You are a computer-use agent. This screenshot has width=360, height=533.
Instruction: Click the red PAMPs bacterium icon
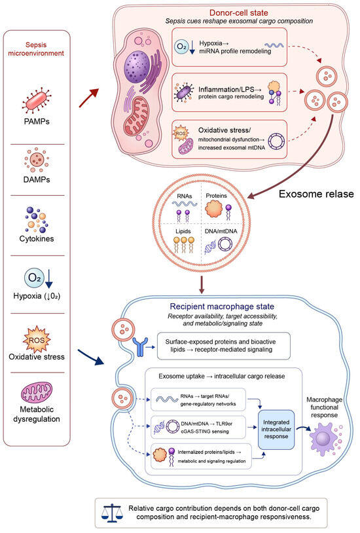[x=37, y=101]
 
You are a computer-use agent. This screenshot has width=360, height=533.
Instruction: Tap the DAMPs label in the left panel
[x=37, y=179]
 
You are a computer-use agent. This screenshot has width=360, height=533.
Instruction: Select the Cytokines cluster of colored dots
[x=37, y=219]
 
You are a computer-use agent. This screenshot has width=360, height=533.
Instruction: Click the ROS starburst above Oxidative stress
[x=37, y=340]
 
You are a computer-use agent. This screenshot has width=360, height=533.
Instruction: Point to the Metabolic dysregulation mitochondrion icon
[x=37, y=393]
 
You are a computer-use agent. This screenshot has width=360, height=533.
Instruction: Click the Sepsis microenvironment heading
[x=36, y=49]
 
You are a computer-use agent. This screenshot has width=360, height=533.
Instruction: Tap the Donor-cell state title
[x=239, y=13]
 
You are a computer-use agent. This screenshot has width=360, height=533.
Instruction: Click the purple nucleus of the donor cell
[x=137, y=67]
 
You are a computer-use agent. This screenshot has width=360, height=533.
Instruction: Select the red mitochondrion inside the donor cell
[x=136, y=117]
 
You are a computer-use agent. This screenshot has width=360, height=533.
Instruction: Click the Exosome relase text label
[x=316, y=194]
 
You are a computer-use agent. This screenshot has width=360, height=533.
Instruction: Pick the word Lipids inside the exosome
[x=183, y=231]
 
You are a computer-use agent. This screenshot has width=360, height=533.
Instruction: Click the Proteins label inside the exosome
[x=216, y=196]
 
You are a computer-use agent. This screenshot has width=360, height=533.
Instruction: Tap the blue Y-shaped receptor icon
[x=139, y=347]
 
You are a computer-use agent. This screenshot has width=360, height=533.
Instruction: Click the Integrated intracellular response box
[x=276, y=430]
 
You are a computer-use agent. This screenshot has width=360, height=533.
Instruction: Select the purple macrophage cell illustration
[x=325, y=439]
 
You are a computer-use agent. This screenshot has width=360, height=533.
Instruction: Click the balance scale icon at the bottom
[x=111, y=513]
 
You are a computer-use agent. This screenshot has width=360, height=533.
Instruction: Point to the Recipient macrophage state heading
[x=222, y=306]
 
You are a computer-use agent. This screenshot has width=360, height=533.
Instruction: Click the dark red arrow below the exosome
[x=202, y=285]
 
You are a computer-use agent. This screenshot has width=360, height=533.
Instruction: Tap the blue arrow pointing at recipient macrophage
[x=91, y=357]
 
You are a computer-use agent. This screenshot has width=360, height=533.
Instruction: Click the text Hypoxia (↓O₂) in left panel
[x=37, y=296]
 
